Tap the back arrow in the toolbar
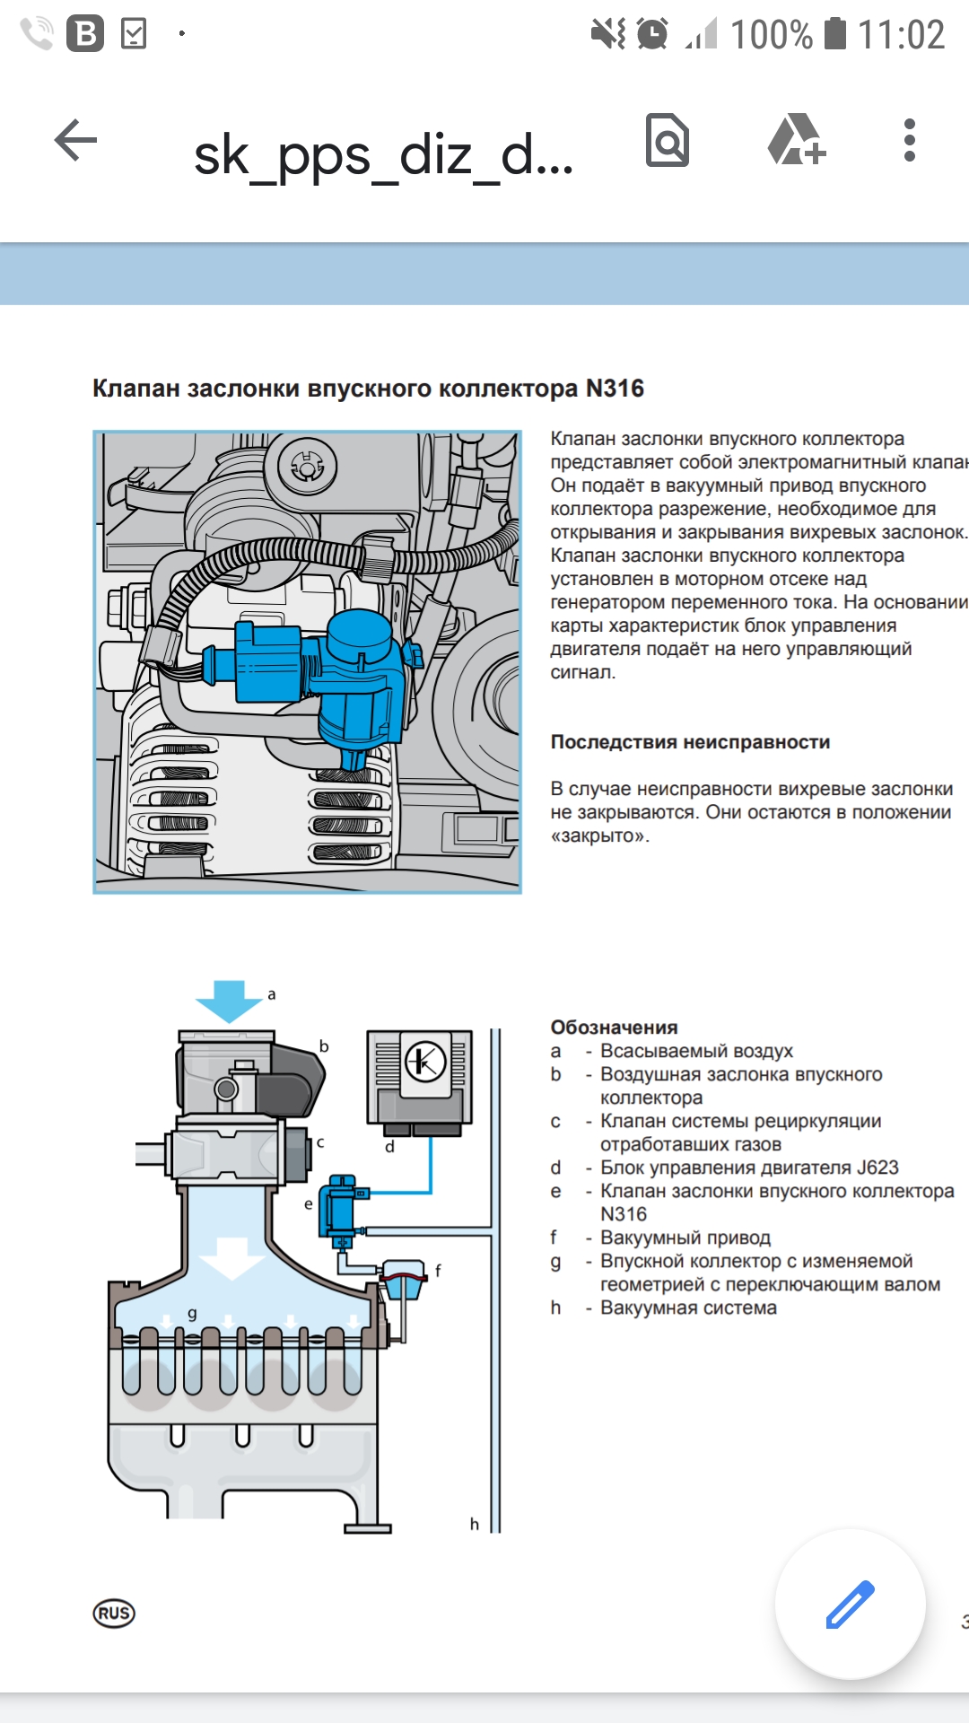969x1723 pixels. pos(75,141)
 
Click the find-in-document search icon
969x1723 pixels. pos(668,141)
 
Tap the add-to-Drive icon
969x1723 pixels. pos(796,141)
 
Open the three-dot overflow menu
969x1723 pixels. pos(910,141)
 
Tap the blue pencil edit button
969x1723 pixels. pos(850,1604)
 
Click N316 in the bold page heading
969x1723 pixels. pos(615,389)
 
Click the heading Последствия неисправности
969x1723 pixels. pos(690,742)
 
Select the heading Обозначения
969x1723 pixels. pos(614,1028)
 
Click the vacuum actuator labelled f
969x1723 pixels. pos(403,1280)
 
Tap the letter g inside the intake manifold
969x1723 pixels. pos(192,1313)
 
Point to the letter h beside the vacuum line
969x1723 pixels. pos(475,1524)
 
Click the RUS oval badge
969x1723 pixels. pos(114,1614)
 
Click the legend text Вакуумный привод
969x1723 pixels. pos(685,1238)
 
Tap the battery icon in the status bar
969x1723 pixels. pos(835,34)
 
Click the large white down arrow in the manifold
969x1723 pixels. pos(232,1257)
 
